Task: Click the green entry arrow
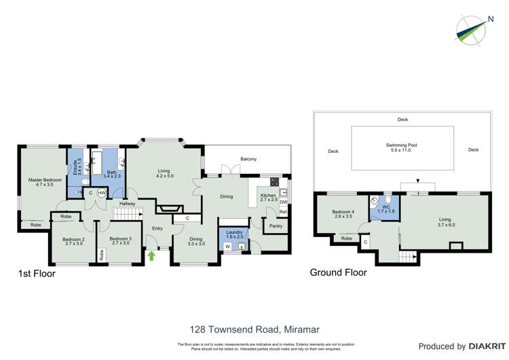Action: coord(151,255)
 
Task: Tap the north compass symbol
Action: coord(474,29)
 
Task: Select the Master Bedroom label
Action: coord(45,182)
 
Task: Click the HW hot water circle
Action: coord(102,193)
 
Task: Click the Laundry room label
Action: coord(234,234)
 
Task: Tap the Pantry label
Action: coord(276,226)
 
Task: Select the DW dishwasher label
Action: coord(283,202)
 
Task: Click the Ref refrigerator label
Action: coord(283,213)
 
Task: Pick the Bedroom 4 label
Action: coord(343,214)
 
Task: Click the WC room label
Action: coord(385,209)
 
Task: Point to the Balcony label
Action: coord(248,159)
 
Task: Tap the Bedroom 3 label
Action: coord(120,240)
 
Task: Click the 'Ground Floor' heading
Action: coord(338,272)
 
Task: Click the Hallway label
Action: coord(127,204)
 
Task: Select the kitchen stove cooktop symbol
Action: coord(274,182)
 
